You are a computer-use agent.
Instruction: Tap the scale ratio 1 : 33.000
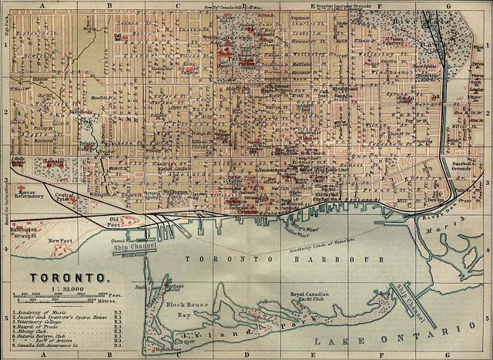tap(69, 287)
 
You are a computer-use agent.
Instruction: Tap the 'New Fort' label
tap(59, 241)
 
